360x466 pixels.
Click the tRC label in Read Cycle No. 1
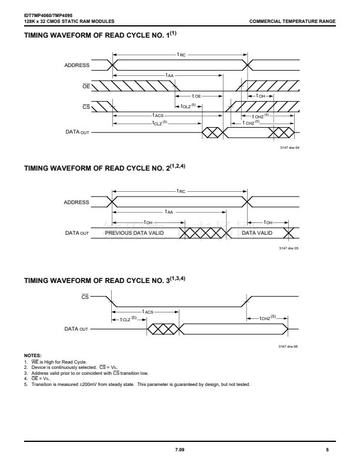click(181, 55)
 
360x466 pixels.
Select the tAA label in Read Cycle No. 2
click(169, 212)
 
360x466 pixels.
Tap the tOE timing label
click(196, 96)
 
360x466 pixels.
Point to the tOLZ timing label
click(188, 106)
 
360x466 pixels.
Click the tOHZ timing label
click(261, 116)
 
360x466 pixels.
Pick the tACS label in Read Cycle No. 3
click(148, 311)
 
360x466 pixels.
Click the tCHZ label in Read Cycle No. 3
click(268, 318)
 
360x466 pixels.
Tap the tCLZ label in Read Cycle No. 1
click(160, 122)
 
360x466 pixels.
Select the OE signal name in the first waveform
click(86, 86)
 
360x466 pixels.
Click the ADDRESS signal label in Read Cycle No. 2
click(76, 202)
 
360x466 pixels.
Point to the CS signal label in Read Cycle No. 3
click(85, 297)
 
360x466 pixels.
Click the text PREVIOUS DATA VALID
click(134, 232)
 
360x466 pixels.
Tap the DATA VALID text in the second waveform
click(257, 232)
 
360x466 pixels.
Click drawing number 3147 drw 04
click(289, 148)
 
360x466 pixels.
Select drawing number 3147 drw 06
click(288, 346)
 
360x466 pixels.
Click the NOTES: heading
click(33, 355)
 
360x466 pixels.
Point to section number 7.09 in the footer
click(179, 450)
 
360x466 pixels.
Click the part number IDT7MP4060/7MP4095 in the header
click(48, 15)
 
